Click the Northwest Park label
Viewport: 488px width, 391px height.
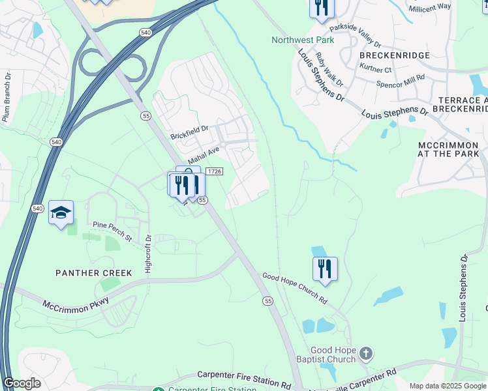tap(303, 40)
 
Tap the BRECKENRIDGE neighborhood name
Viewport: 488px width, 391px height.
tap(395, 55)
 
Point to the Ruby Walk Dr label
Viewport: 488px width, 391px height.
tap(329, 70)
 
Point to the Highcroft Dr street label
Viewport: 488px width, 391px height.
tap(147, 254)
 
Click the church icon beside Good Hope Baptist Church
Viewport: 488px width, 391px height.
tap(366, 355)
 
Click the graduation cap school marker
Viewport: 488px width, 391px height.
tap(61, 213)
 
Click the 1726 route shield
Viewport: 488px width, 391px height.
tap(215, 171)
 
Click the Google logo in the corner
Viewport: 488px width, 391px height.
tap(22, 383)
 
